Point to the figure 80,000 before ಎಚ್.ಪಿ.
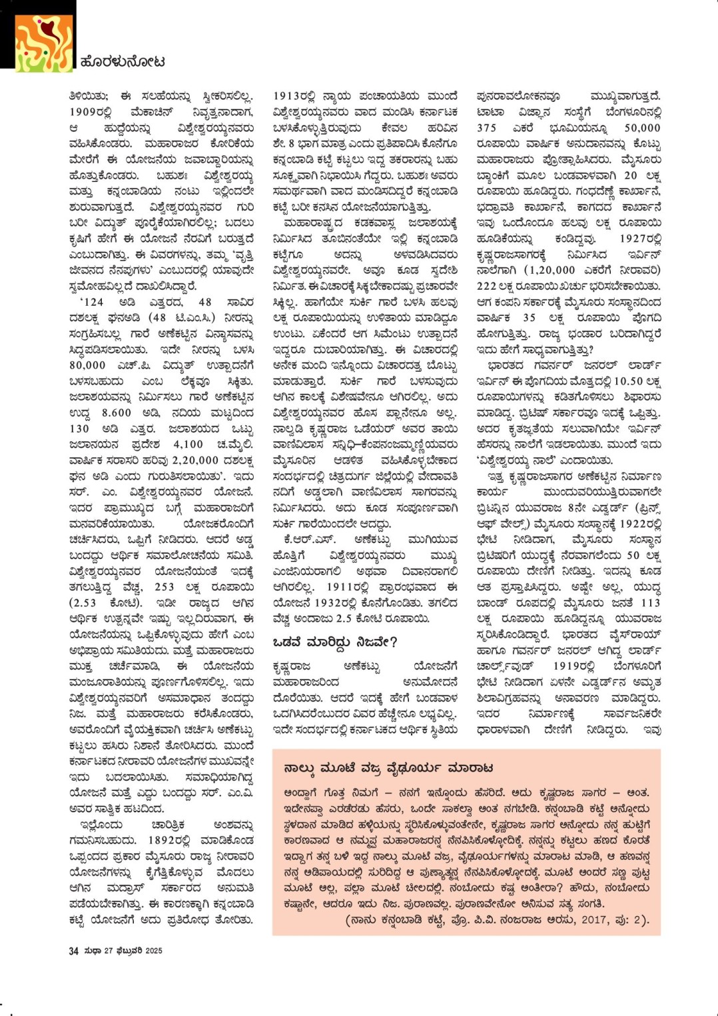[87, 365]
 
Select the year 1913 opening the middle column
[288, 96]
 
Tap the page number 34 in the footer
[73, 951]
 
